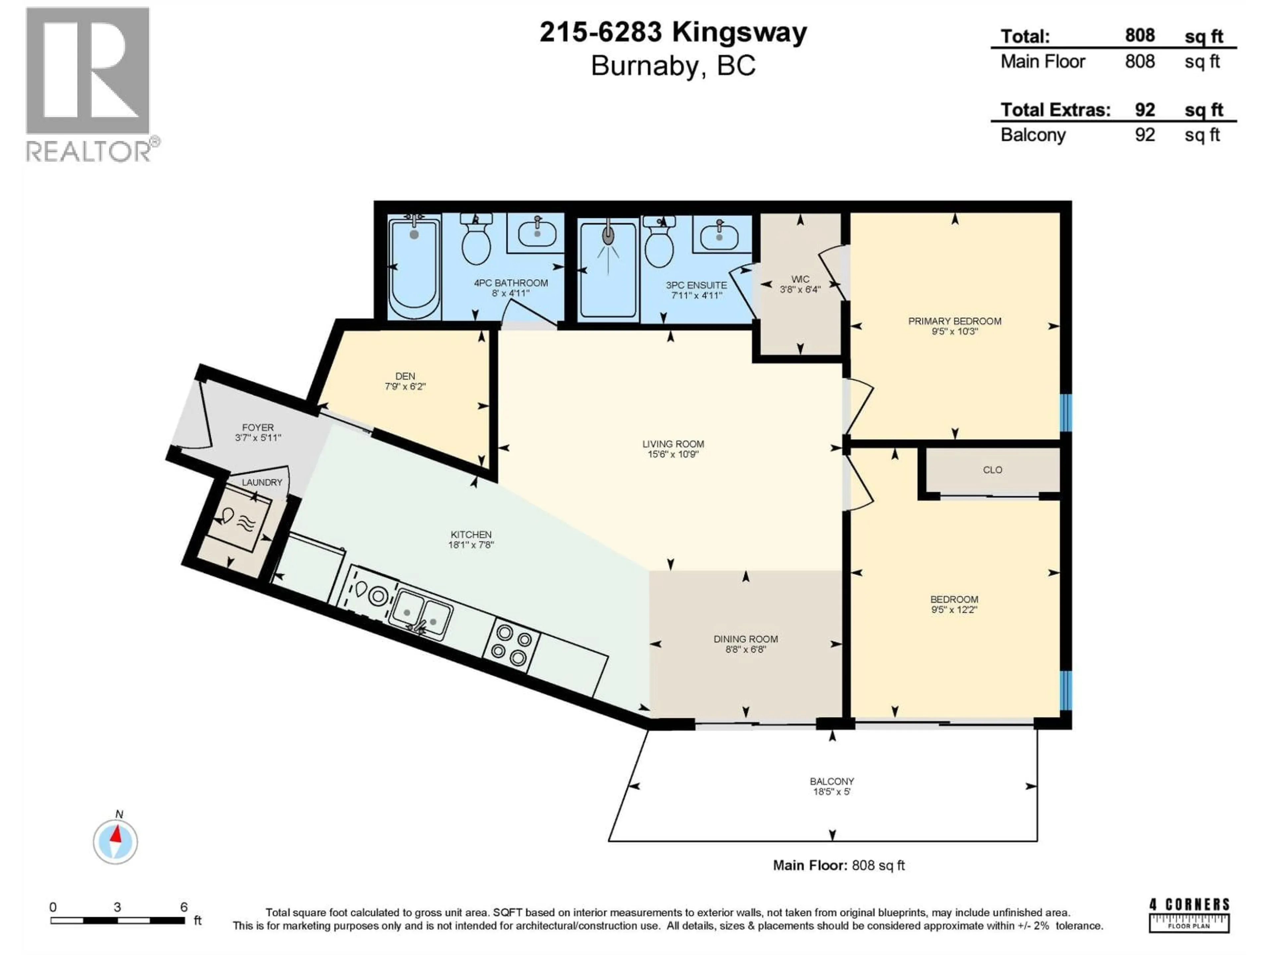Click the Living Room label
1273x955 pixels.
click(673, 444)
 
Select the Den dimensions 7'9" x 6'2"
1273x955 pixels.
click(405, 387)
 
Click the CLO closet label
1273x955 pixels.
click(992, 470)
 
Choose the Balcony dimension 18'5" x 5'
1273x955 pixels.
click(831, 792)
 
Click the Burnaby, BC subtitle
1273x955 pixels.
click(673, 66)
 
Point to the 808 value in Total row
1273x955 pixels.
click(1139, 36)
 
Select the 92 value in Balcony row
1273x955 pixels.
click(1145, 135)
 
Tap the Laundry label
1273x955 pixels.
click(262, 482)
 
